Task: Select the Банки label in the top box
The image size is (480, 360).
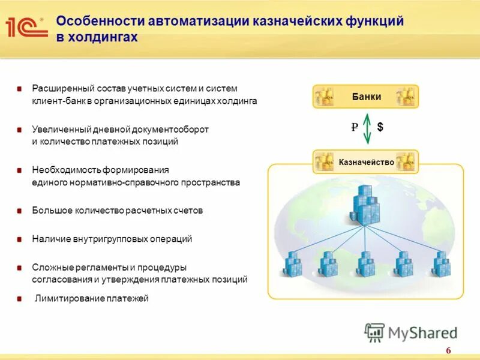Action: coord(366,97)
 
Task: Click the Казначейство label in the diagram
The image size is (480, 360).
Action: coord(366,162)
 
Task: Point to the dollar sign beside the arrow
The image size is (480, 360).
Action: coord(380,127)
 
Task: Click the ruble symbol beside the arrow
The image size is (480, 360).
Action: coord(355,127)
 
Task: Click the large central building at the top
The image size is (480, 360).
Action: coord(366,205)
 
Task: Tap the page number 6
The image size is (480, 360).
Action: coord(448,351)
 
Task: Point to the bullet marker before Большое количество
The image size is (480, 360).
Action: coord(19,211)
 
